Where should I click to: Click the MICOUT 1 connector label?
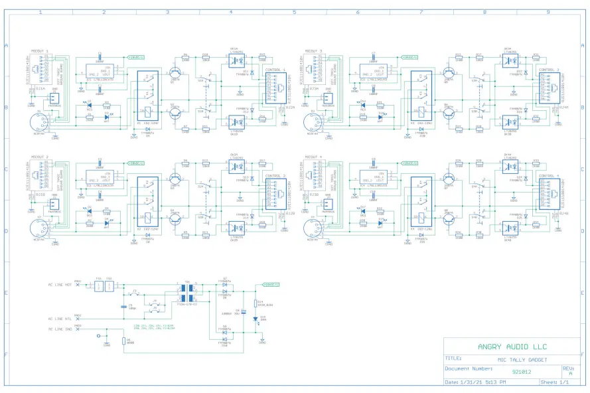point(40,51)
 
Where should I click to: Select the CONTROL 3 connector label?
point(548,70)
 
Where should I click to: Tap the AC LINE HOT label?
point(60,286)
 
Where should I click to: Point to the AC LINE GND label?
point(60,329)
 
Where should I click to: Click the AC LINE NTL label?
point(60,319)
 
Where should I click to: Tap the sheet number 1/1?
point(565,382)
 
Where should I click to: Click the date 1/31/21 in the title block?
point(470,382)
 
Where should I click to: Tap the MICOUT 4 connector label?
point(313,157)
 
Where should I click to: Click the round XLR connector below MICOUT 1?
point(42,123)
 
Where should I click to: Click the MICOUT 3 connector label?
point(313,51)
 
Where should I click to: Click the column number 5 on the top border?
point(294,12)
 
